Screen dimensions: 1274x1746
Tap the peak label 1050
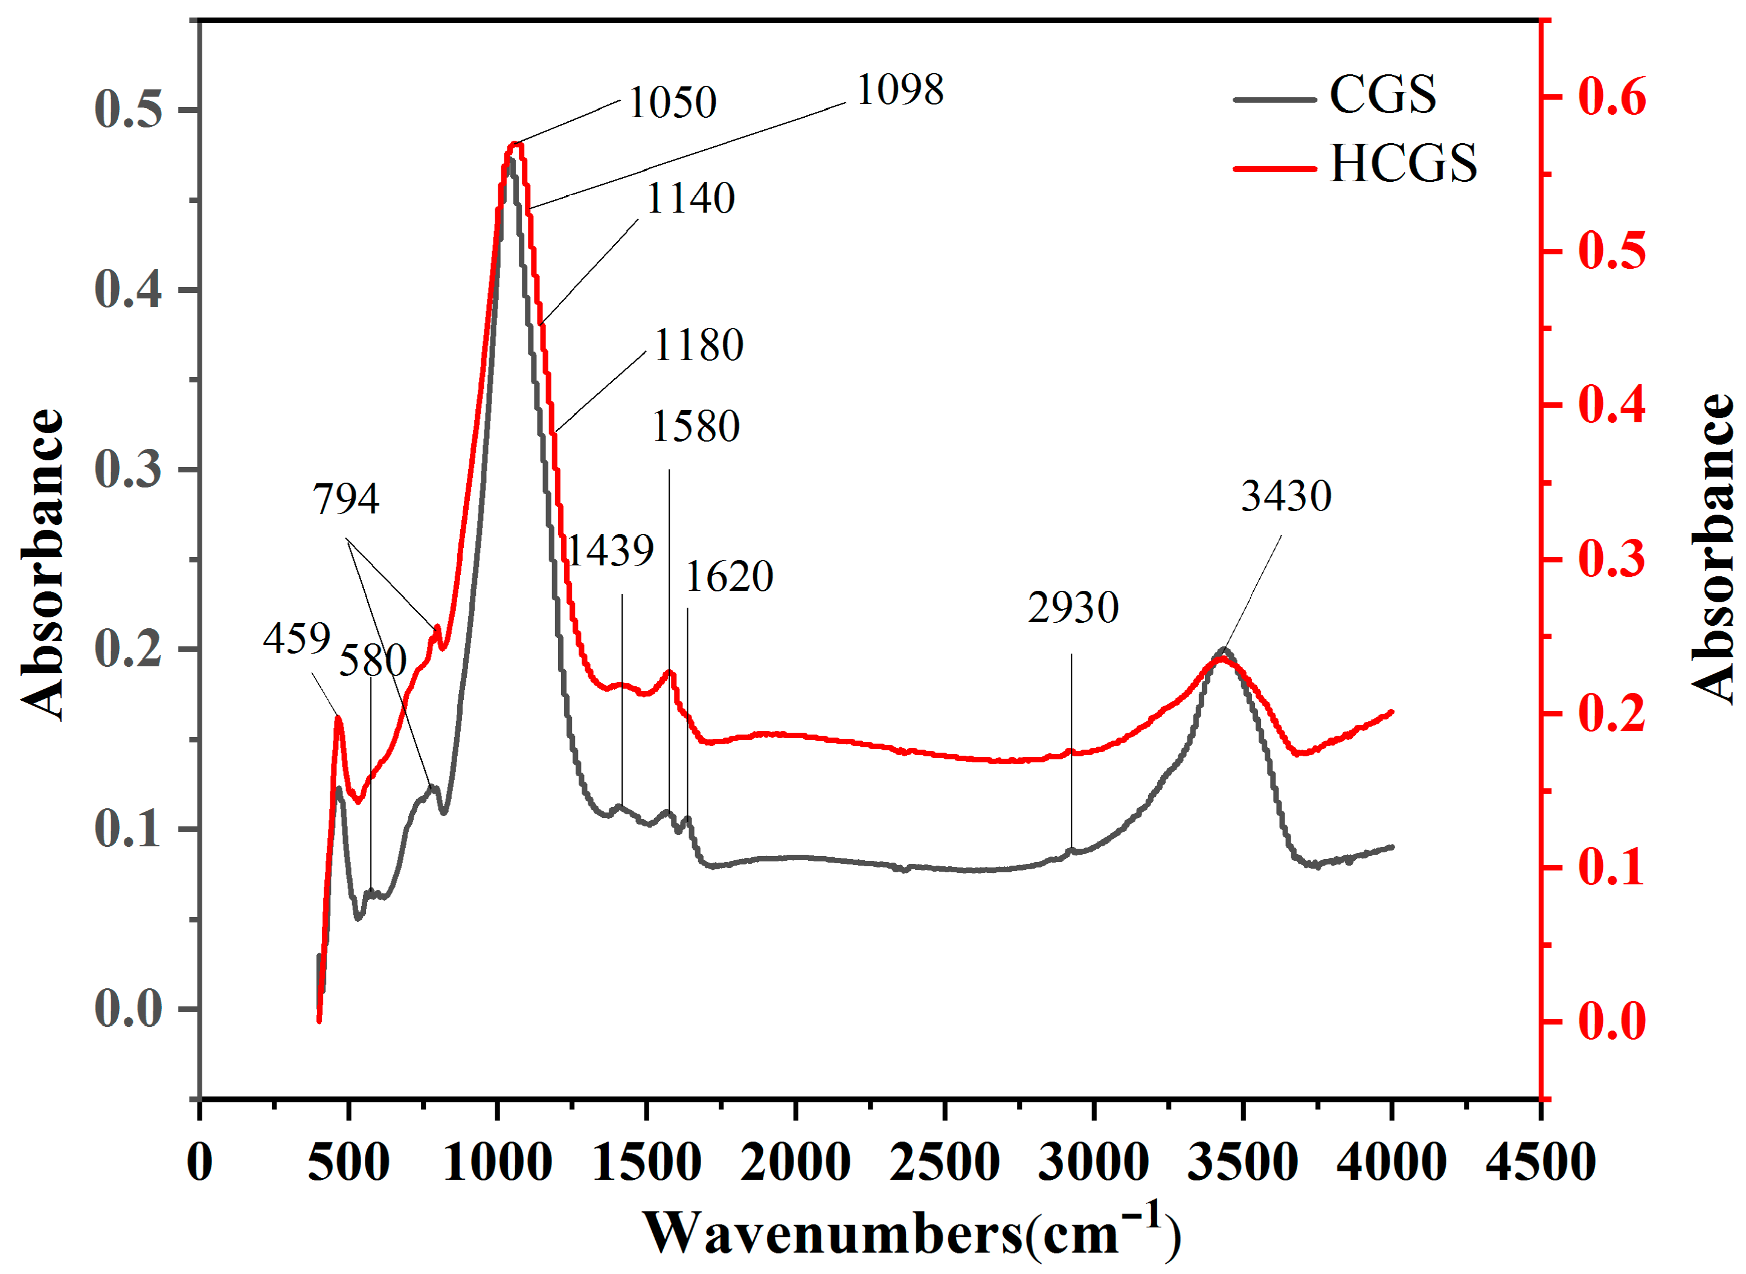[672, 102]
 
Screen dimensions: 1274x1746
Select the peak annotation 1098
[900, 89]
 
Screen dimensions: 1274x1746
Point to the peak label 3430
[1286, 495]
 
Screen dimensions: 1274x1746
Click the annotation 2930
[1072, 608]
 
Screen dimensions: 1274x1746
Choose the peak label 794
[345, 498]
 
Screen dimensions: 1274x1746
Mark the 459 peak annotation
[296, 638]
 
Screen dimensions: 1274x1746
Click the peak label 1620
[729, 576]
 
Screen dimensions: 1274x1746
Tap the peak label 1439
[611, 551]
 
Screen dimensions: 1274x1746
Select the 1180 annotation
[698, 345]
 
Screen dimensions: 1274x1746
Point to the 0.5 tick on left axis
[128, 109]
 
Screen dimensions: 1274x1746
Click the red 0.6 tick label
[1611, 97]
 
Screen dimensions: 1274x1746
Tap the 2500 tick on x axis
[945, 1162]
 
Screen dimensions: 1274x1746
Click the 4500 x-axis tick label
[1539, 1162]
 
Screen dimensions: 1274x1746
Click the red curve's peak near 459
[338, 718]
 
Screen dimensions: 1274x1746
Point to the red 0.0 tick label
[1611, 1022]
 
